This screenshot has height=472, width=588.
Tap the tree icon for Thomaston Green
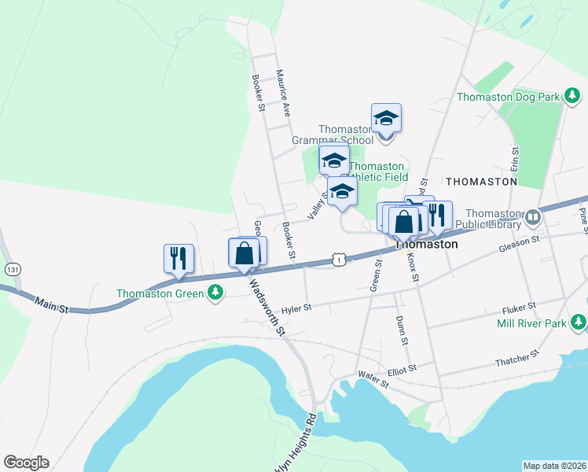215,294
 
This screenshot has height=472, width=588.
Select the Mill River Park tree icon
579,322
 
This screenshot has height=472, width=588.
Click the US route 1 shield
337,258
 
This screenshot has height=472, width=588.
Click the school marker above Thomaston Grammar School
386,118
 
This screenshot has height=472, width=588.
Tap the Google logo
26,463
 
